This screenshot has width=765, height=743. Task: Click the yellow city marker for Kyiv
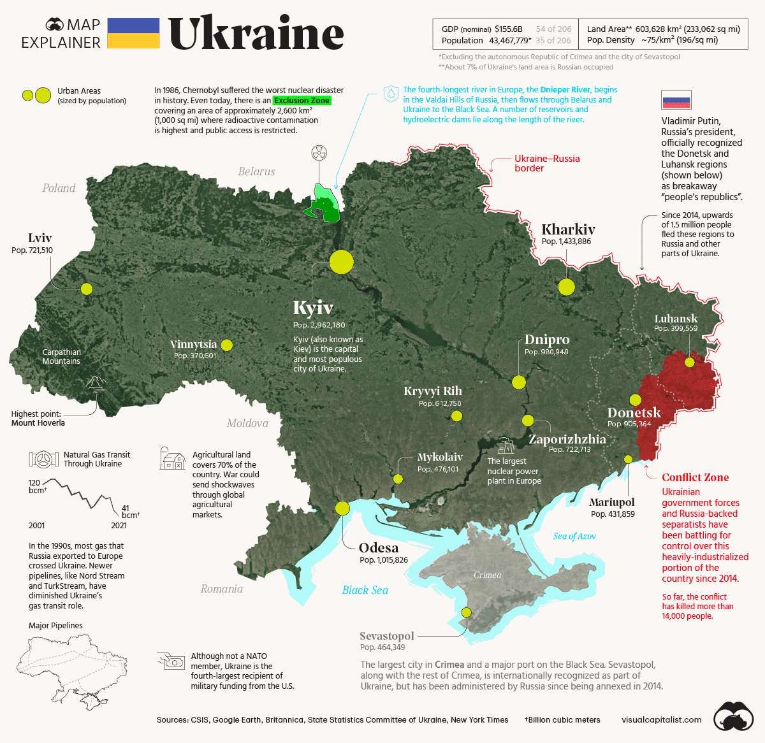[x=341, y=261]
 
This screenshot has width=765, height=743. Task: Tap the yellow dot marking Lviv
[x=87, y=289]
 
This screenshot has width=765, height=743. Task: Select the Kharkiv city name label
[x=568, y=229]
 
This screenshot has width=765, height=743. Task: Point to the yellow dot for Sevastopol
[x=466, y=612]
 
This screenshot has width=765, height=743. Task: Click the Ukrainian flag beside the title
[x=133, y=33]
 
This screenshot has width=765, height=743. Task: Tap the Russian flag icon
[x=676, y=101]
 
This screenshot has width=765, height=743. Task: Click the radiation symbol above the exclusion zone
[x=318, y=153]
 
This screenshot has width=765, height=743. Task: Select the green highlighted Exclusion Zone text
[x=302, y=101]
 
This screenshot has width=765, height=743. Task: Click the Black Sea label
[x=365, y=589]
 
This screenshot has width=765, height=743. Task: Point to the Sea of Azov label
[x=574, y=536]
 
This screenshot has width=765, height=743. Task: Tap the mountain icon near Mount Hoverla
[x=96, y=382]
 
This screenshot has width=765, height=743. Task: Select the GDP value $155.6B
[x=509, y=29]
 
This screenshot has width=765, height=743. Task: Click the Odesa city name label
[x=378, y=548]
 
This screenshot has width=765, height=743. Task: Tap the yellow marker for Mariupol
[x=628, y=459]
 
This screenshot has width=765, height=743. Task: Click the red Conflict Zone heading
[x=695, y=477]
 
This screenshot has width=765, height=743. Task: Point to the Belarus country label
[x=256, y=171]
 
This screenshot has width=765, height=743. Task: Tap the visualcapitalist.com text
[x=661, y=719]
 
